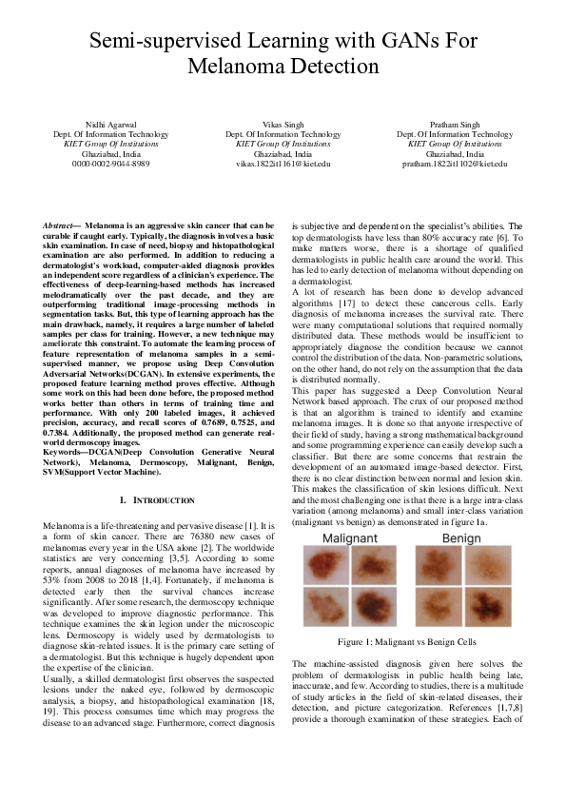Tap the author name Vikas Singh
point(283,126)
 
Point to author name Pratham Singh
point(454,126)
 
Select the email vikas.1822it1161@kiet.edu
point(283,164)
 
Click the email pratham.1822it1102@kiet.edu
point(454,164)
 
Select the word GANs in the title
point(380,41)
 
